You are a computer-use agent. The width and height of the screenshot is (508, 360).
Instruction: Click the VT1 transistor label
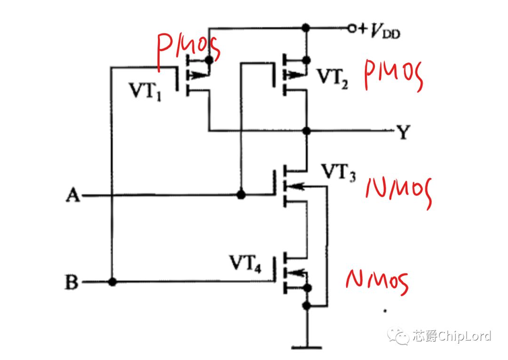[145, 91]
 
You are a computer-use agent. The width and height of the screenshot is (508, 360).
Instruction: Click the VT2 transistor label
[333, 78]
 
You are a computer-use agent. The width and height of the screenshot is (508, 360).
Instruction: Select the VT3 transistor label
[338, 172]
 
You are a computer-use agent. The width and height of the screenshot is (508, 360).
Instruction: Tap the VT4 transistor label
[245, 263]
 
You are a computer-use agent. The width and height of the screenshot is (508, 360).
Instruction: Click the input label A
[73, 195]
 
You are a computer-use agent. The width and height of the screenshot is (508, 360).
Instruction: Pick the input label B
[71, 282]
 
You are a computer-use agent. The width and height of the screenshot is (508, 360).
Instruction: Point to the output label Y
[404, 132]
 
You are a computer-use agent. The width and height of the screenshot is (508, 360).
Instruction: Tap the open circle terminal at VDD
[351, 29]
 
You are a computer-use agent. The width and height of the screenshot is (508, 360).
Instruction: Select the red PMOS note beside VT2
[393, 76]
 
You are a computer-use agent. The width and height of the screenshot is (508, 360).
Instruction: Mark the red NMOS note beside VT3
[399, 192]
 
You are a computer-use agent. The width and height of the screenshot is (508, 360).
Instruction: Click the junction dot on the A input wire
[241, 195]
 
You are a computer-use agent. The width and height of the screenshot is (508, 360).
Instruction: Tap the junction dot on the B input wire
[112, 282]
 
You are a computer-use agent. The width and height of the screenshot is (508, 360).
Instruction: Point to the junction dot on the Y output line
[306, 131]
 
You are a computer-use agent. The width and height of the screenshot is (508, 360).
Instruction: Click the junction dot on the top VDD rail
[306, 28]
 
